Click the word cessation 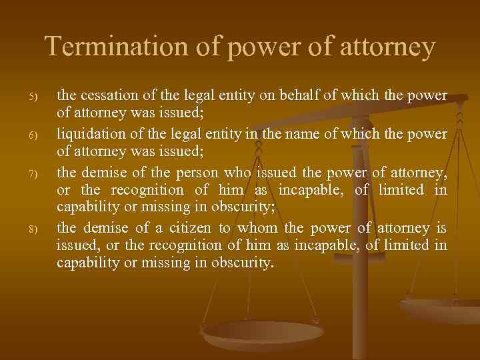pos(109,96)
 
